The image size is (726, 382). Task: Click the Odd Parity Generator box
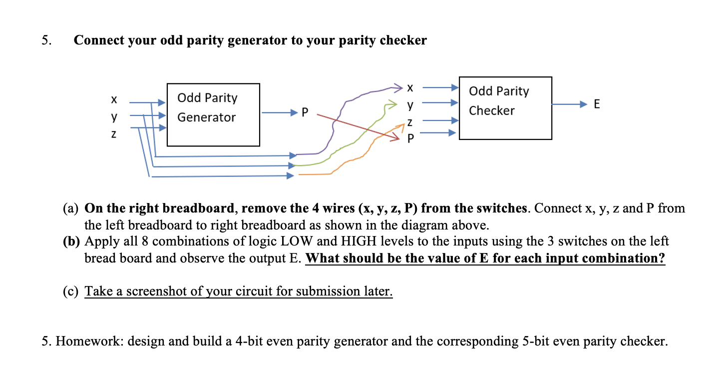click(x=213, y=114)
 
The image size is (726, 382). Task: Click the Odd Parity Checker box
click(x=505, y=108)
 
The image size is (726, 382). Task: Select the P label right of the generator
click(x=305, y=112)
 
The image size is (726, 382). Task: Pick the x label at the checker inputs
click(x=410, y=88)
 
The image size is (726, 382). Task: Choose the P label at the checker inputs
click(x=410, y=138)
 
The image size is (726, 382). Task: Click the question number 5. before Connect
click(x=46, y=40)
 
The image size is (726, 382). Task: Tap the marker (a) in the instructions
click(x=72, y=208)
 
